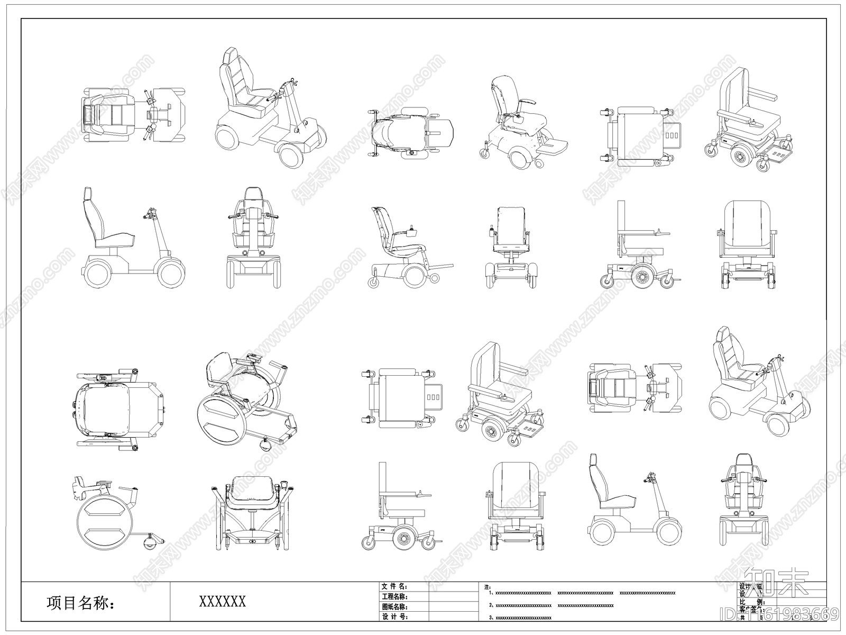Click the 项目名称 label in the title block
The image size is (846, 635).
[81, 602]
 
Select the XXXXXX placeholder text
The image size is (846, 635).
[222, 601]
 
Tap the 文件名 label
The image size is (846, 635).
[394, 586]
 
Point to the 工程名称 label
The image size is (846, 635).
[394, 596]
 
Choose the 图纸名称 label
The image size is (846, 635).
[394, 606]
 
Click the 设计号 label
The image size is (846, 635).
[394, 616]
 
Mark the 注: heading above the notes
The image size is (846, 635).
[487, 587]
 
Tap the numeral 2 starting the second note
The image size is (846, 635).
[491, 605]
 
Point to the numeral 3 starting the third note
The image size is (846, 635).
[491, 618]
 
